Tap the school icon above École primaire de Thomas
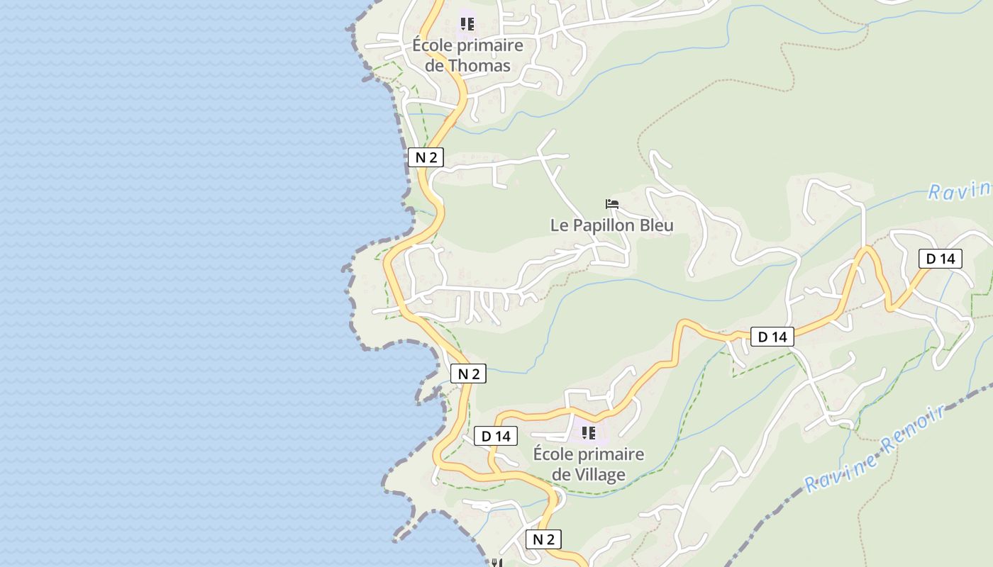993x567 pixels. pyautogui.click(x=467, y=24)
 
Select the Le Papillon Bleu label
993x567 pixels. pyautogui.click(x=611, y=225)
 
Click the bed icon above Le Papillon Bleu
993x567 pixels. pyautogui.click(x=612, y=204)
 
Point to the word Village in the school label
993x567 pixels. pyautogui.click(x=599, y=474)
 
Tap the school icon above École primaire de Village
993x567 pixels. pyautogui.click(x=588, y=432)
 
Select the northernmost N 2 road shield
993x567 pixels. pyautogui.click(x=426, y=157)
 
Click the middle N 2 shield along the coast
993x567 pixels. pyautogui.click(x=468, y=374)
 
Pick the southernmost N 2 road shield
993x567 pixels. pyautogui.click(x=543, y=539)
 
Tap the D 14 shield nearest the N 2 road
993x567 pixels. pyautogui.click(x=496, y=436)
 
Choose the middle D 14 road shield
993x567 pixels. pyautogui.click(x=772, y=337)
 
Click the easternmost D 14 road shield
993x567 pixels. pyautogui.click(x=941, y=259)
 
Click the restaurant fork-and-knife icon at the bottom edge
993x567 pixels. pyautogui.click(x=496, y=563)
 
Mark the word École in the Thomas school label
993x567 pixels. pyautogui.click(x=432, y=45)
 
